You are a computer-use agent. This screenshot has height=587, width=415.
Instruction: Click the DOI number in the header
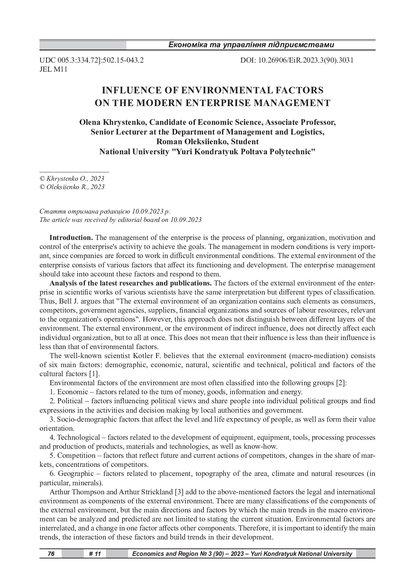click(x=297, y=60)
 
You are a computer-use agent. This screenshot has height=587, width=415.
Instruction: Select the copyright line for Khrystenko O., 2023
click(x=72, y=178)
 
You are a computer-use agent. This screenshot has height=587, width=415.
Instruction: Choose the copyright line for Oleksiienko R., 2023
click(x=72, y=187)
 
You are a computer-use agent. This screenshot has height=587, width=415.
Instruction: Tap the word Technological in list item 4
click(x=79, y=437)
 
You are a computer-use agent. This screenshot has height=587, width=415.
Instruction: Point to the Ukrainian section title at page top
click(x=251, y=45)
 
